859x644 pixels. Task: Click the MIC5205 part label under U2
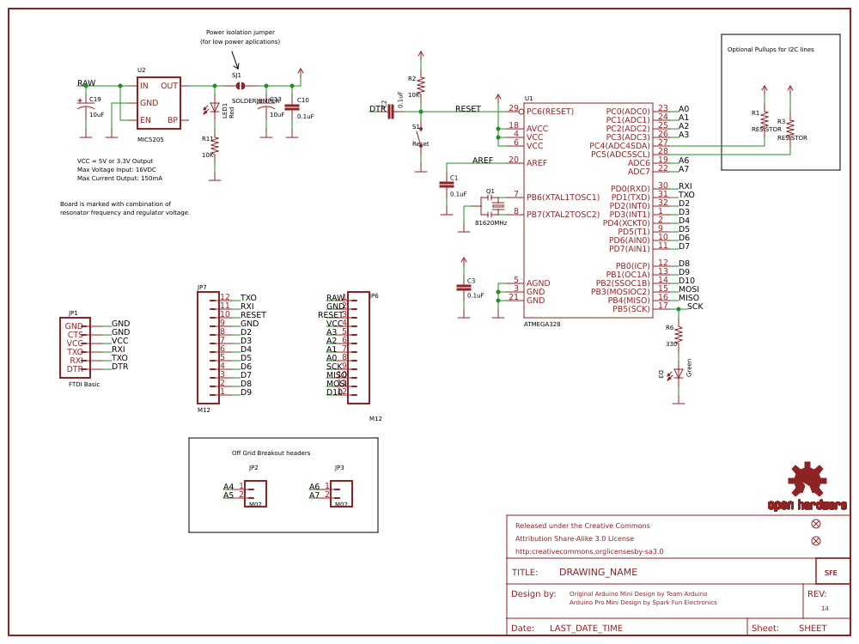[150, 139]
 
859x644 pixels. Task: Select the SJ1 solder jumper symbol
[241, 86]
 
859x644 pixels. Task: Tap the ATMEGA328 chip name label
[542, 325]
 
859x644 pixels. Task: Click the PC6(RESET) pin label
[550, 112]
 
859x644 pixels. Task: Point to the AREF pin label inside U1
[537, 163]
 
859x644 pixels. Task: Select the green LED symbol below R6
[678, 374]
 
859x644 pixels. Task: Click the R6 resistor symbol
[678, 333]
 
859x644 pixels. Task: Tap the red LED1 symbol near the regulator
[215, 109]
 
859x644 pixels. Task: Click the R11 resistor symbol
[215, 146]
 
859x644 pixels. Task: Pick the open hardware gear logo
[807, 481]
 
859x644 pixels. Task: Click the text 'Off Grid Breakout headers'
[271, 453]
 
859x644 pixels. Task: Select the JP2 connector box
[255, 493]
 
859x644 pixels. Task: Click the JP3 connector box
[341, 493]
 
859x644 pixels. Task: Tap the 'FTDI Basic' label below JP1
[84, 385]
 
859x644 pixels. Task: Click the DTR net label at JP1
[119, 367]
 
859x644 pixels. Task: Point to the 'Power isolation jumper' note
[240, 33]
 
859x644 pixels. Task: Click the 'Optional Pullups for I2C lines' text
[771, 50]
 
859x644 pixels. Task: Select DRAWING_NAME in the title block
[598, 572]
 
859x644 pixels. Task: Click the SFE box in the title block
[832, 572]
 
